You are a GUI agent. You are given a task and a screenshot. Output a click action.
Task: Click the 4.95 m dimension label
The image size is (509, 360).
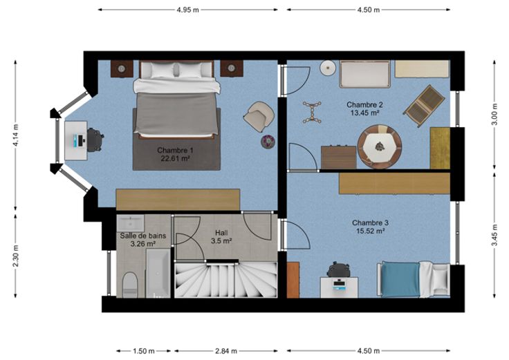pos(187,10)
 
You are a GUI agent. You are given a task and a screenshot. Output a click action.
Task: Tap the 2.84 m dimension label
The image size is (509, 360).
pos(226,351)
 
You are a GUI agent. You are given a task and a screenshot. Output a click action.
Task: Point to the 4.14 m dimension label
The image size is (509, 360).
pos(16,135)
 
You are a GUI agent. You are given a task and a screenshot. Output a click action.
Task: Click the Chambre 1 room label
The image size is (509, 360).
pos(175,150)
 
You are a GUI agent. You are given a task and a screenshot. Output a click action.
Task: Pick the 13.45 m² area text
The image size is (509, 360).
pos(365,113)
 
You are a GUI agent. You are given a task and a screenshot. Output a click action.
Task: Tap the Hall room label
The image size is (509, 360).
pos(221,233)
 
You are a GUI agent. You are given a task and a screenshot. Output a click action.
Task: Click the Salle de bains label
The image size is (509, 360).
pos(143,236)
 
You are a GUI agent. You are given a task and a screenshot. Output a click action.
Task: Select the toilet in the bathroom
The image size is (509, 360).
pos(131,285)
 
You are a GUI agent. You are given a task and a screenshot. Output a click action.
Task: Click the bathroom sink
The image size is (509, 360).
pos(131,222)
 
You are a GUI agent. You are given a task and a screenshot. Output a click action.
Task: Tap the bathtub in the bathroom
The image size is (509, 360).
pos(158,273)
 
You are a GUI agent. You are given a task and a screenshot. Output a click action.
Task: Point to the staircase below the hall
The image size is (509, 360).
pos(226,280)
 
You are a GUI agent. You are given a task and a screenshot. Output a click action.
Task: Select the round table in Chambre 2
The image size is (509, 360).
pos(380,146)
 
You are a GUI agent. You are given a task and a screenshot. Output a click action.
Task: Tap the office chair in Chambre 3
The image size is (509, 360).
pos(339,270)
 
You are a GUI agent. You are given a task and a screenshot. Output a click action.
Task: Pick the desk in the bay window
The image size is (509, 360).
pos(75,141)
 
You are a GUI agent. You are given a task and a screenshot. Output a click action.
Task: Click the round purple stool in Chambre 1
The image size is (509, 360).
pos(268,142)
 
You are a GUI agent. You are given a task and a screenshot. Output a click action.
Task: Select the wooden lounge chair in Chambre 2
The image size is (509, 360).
pos(424,106)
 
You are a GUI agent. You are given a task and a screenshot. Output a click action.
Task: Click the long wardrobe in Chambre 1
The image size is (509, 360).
pos(178,200)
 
